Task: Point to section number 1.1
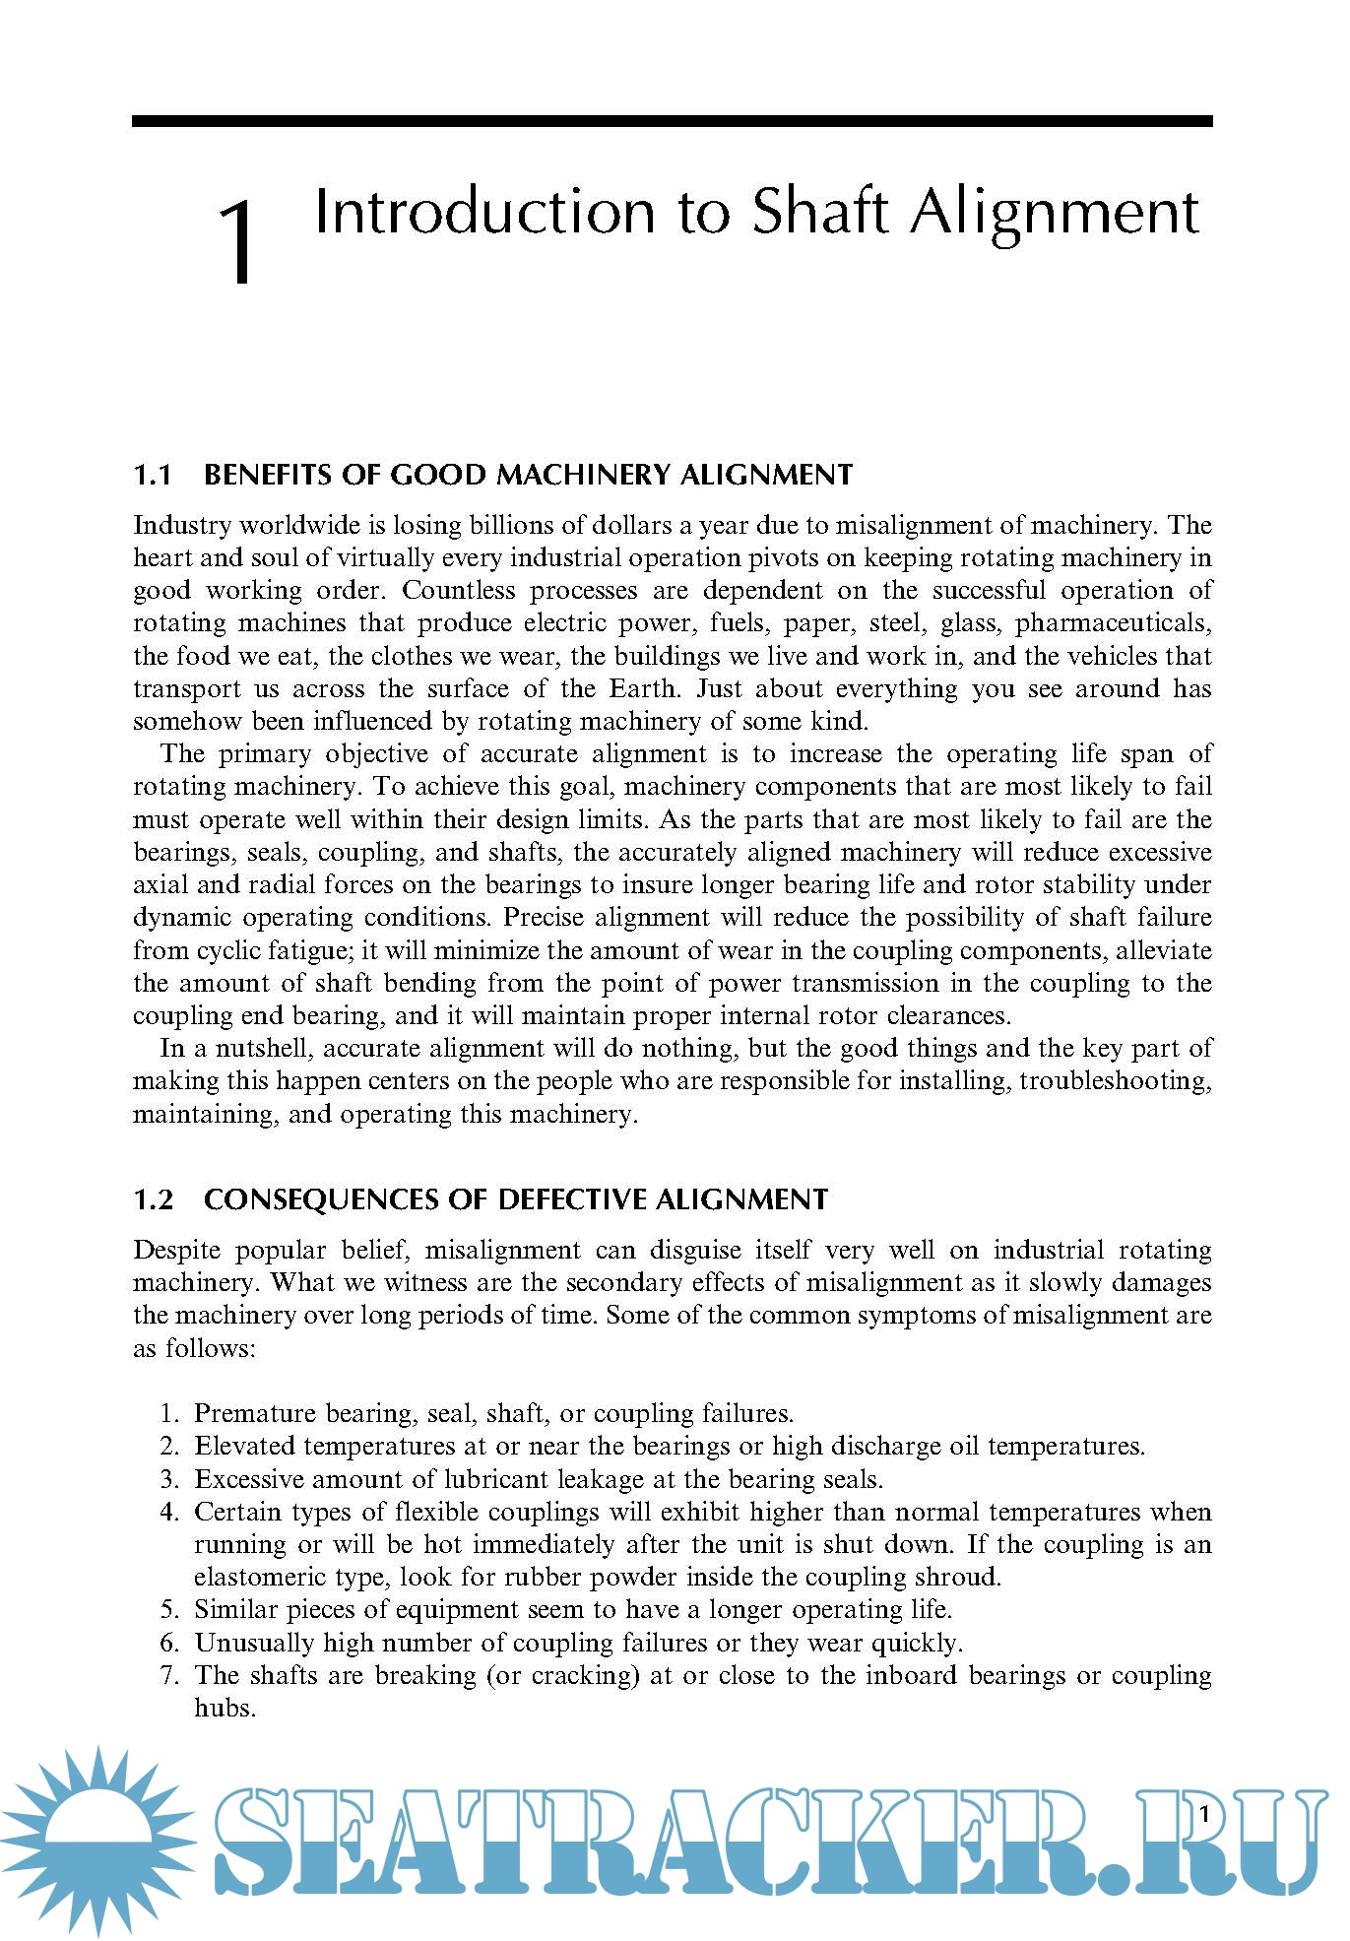coord(153,476)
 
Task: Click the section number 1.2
coord(153,1200)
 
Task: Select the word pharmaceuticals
coord(1113,623)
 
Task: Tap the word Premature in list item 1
coord(242,1414)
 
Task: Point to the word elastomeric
coord(258,1578)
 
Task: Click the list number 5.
coord(169,1610)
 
